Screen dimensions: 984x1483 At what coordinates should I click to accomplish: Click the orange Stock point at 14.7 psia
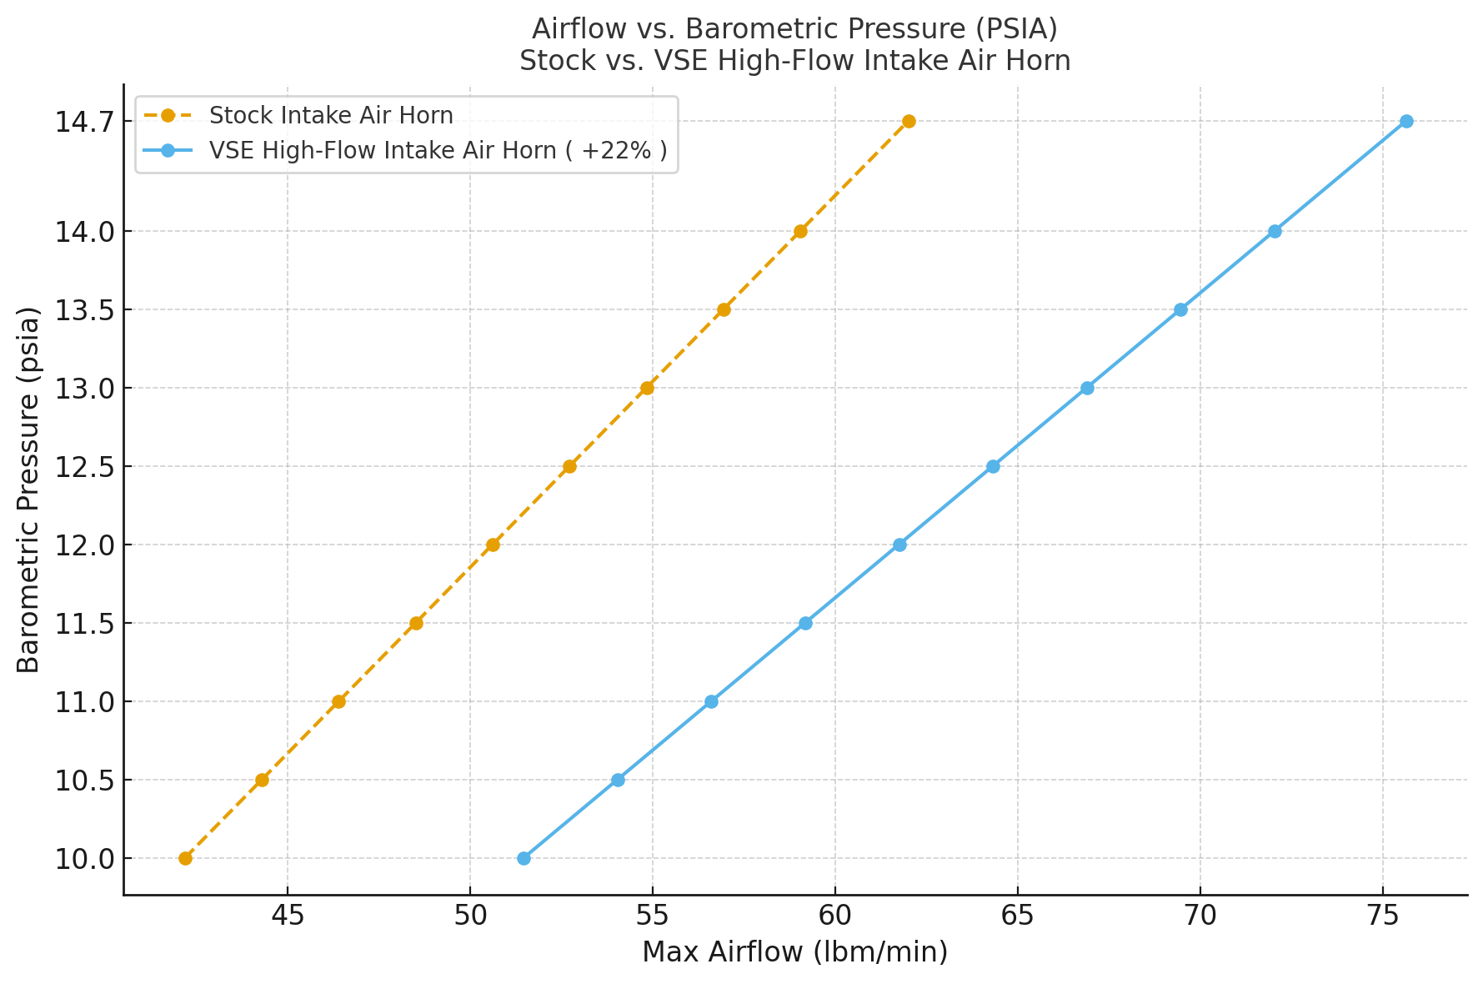pyautogui.click(x=909, y=122)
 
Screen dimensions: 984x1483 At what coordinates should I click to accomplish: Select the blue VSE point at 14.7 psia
pyautogui.click(x=1406, y=122)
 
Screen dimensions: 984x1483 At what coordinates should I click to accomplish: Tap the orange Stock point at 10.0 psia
pyautogui.click(x=185, y=858)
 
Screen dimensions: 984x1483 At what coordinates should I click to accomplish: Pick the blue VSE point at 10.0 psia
pyautogui.click(x=524, y=858)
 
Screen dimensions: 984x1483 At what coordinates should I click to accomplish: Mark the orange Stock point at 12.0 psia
pyautogui.click(x=493, y=545)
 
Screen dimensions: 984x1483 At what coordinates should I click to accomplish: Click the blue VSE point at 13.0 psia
pyautogui.click(x=1087, y=388)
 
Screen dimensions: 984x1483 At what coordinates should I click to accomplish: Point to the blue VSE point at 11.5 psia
pyautogui.click(x=805, y=623)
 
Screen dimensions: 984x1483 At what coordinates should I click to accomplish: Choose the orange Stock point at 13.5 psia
pyautogui.click(x=724, y=309)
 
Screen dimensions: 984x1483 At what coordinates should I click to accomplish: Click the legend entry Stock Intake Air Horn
pyautogui.click(x=331, y=115)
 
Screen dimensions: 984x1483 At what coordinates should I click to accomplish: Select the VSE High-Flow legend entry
pyautogui.click(x=438, y=150)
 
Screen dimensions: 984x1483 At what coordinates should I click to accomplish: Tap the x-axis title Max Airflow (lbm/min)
pyautogui.click(x=794, y=952)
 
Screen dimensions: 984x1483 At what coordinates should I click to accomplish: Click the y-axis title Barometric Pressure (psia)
pyautogui.click(x=29, y=489)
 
